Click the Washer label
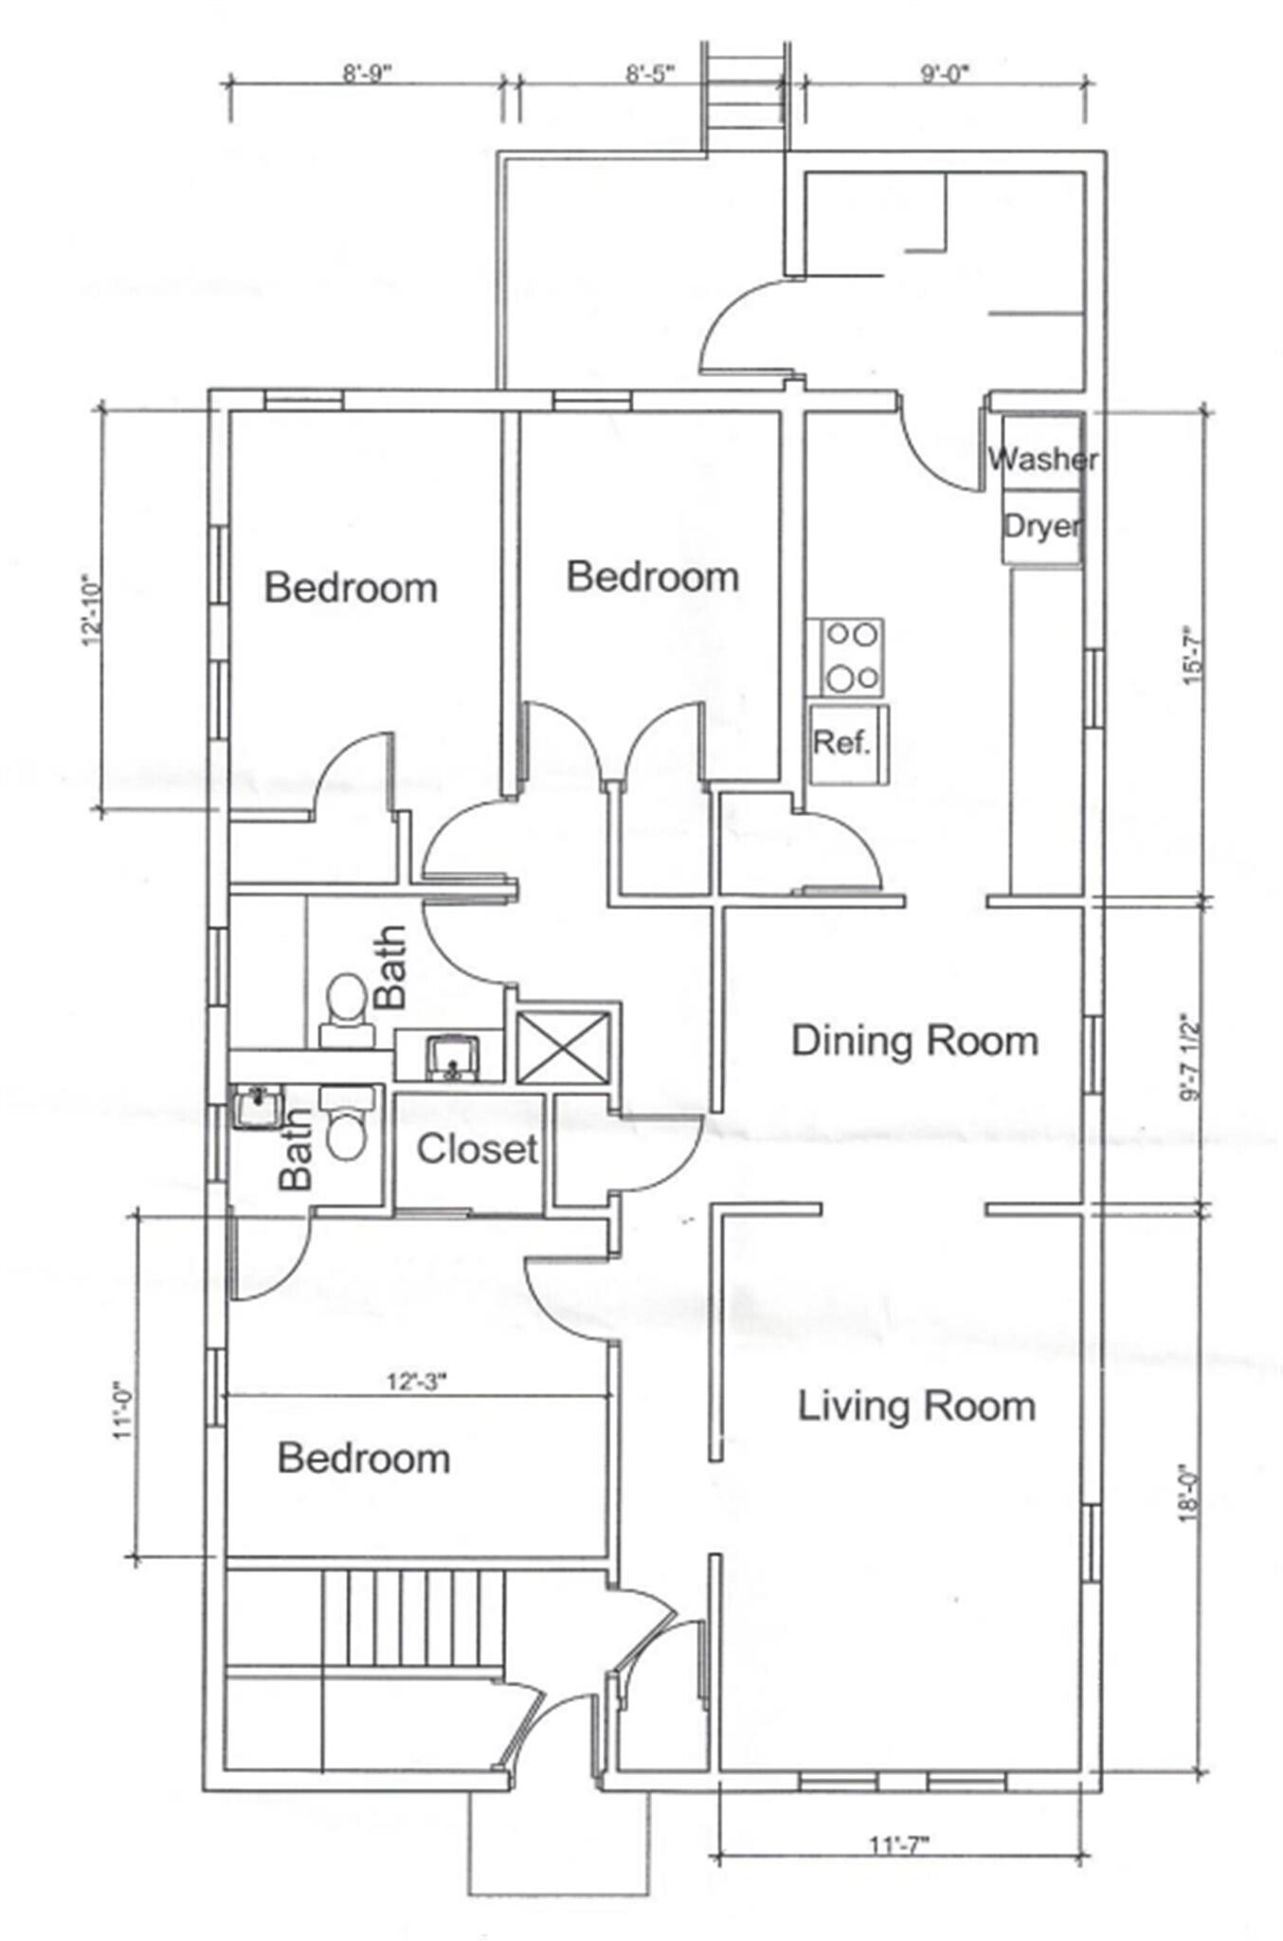(x=1042, y=460)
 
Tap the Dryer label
(x=1041, y=526)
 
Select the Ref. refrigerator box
(x=849, y=744)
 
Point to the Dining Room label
(x=914, y=1041)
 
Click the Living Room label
(x=916, y=1406)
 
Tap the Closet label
(x=478, y=1150)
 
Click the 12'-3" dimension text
(x=416, y=1382)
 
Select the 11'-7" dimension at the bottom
(x=899, y=1844)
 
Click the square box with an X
(x=563, y=1046)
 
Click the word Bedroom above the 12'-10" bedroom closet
(x=351, y=589)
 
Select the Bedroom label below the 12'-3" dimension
(x=364, y=1459)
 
